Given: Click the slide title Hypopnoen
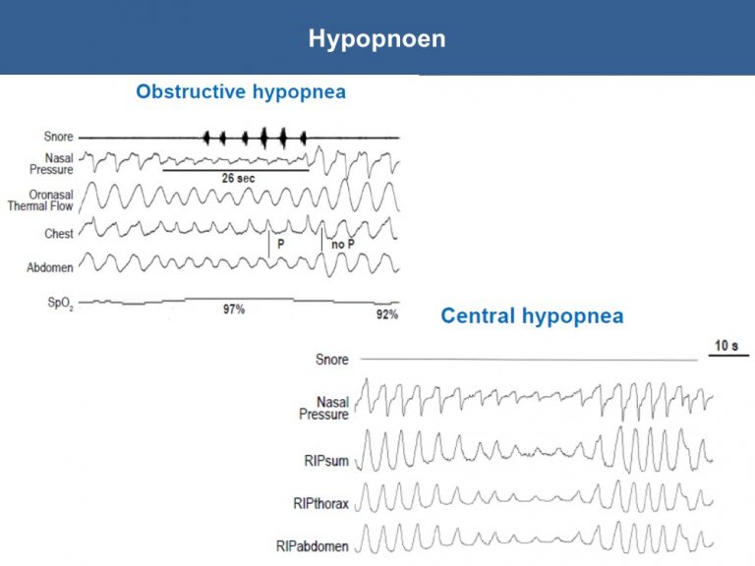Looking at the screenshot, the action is tap(377, 39).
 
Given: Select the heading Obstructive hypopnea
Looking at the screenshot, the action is tap(241, 91).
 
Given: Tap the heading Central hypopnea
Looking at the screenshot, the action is tap(532, 316).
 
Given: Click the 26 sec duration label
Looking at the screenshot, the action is tap(238, 179).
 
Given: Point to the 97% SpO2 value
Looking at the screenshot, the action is tap(234, 309).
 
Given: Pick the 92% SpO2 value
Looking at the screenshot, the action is tap(387, 314).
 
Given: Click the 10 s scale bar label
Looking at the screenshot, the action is tap(726, 346).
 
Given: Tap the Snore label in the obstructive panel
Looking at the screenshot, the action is tap(58, 137).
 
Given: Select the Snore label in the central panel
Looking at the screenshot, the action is tap(331, 360).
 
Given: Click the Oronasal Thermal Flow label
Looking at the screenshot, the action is tap(40, 200).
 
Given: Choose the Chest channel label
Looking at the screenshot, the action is tap(59, 234).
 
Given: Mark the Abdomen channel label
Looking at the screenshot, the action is tap(50, 267).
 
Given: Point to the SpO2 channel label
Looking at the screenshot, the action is tap(61, 304).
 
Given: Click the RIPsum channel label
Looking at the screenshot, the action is tap(326, 461).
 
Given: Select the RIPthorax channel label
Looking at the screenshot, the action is tap(320, 504).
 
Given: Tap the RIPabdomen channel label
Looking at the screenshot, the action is tap(312, 546).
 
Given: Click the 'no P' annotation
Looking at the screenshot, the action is tap(343, 245).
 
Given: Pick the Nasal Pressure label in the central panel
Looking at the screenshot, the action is tap(323, 408).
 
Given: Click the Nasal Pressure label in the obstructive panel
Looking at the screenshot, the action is tap(51, 164).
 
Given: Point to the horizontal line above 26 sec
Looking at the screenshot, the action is tap(236, 170).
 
